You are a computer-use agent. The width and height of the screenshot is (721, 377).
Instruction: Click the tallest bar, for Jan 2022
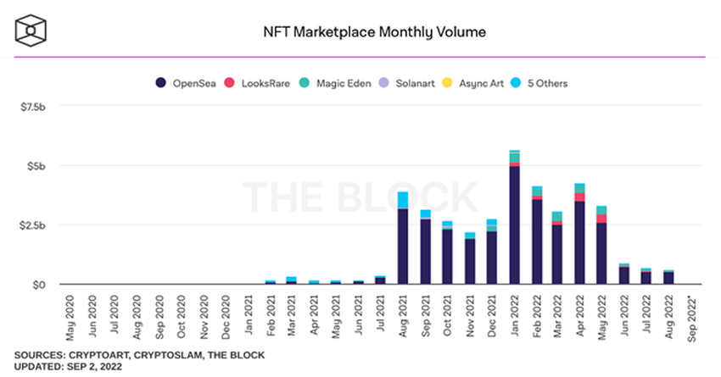click(514, 220)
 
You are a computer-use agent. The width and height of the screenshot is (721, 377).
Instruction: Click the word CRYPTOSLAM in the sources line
click(162, 354)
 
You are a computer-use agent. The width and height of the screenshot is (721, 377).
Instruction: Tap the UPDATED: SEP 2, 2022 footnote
click(69, 366)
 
